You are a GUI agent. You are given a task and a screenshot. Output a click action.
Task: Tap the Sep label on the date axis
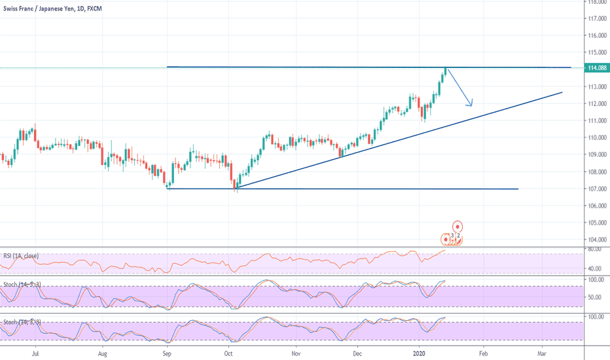tap(168, 353)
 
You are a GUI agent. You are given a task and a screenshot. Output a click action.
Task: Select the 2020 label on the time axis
tap(422, 353)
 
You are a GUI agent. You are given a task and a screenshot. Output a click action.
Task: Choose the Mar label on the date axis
tap(542, 353)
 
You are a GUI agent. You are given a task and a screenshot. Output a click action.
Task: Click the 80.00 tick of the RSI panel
tap(595, 249)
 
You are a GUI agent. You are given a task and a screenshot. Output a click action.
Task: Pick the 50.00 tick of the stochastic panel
tap(595, 297)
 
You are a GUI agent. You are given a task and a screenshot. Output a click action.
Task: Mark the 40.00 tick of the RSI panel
tap(595, 268)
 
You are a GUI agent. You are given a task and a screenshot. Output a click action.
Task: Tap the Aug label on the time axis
tap(102, 353)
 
